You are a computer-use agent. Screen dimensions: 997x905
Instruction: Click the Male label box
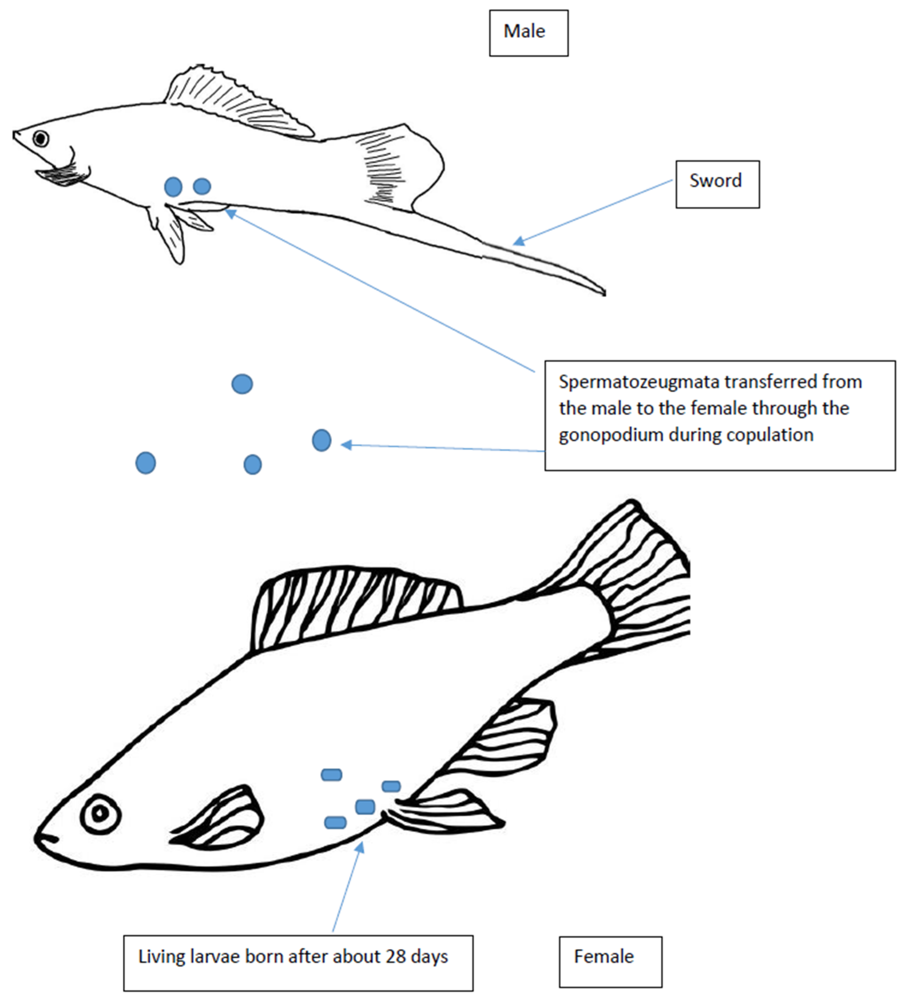tap(529, 33)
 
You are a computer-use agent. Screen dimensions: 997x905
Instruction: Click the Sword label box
tap(717, 184)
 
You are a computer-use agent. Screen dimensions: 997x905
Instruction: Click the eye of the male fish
tap(41, 139)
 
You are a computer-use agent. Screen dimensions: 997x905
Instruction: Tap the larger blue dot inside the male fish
tap(173, 187)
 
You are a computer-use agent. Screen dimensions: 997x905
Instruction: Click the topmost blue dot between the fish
tap(242, 384)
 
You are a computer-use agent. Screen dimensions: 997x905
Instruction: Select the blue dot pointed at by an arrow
tap(322, 440)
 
